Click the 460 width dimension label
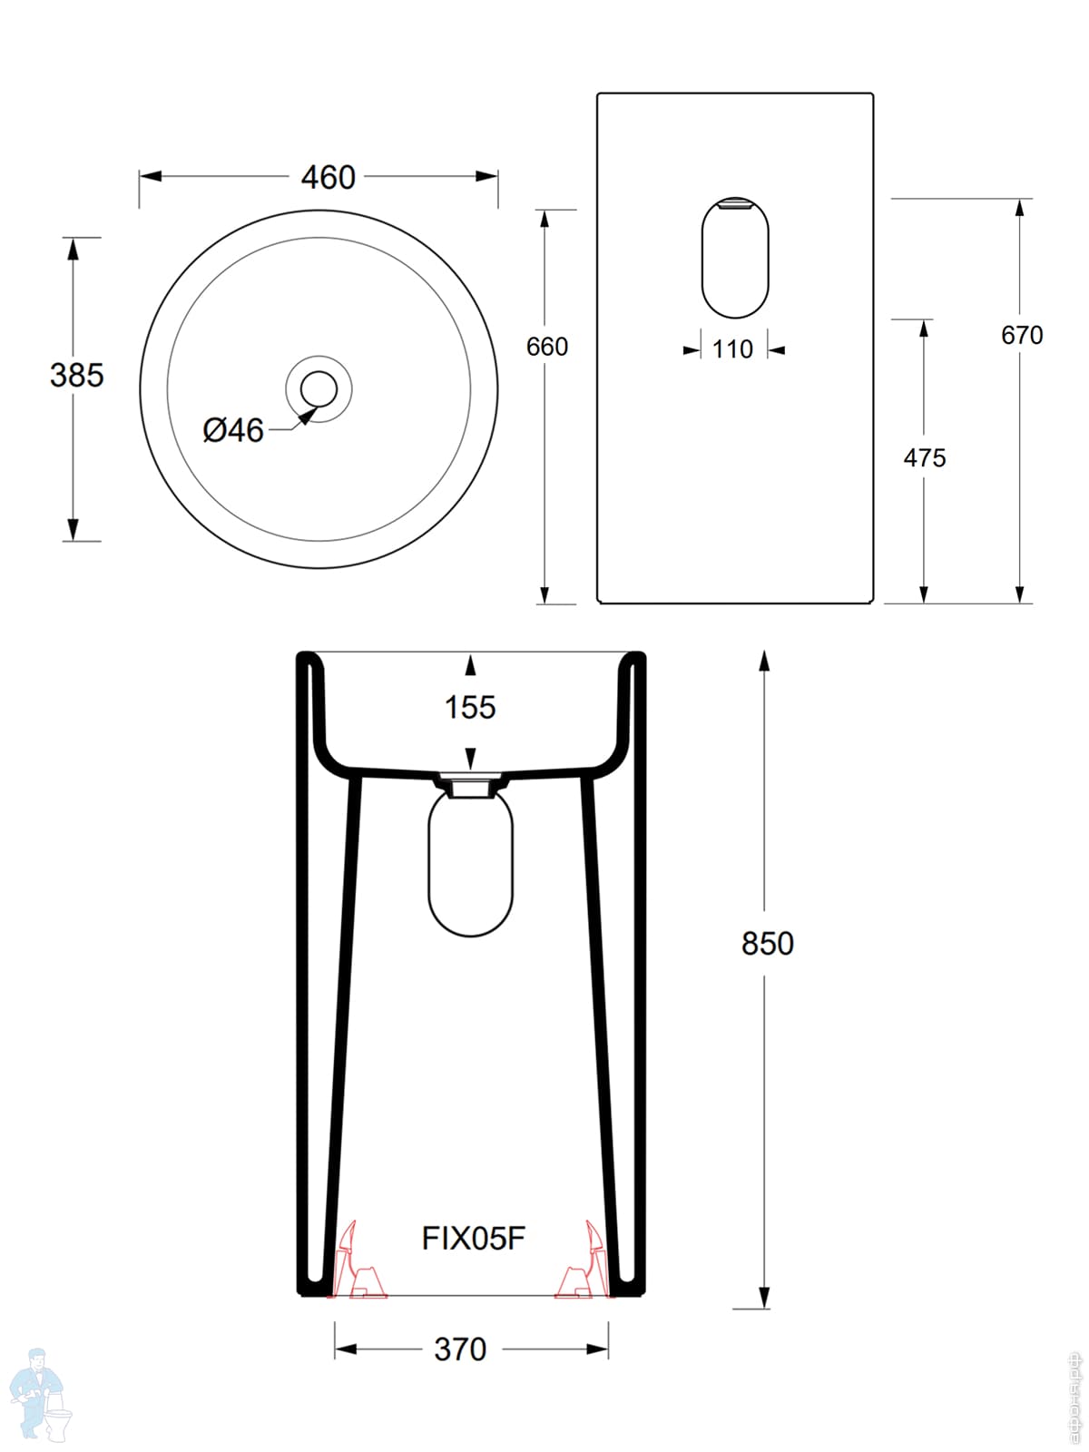tap(328, 177)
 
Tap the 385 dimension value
tap(77, 375)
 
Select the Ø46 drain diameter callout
tap(233, 429)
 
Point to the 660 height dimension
tap(547, 347)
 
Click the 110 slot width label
tap(732, 349)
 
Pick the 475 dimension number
tap(924, 458)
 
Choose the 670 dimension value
tap(1022, 336)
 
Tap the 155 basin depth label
tap(470, 707)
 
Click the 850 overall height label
tap(767, 944)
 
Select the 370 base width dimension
tap(460, 1349)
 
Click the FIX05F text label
tap(473, 1238)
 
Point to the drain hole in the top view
tap(319, 388)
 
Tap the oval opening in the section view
tap(470, 867)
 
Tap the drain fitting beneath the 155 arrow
tap(470, 785)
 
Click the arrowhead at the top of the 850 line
tap(765, 662)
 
